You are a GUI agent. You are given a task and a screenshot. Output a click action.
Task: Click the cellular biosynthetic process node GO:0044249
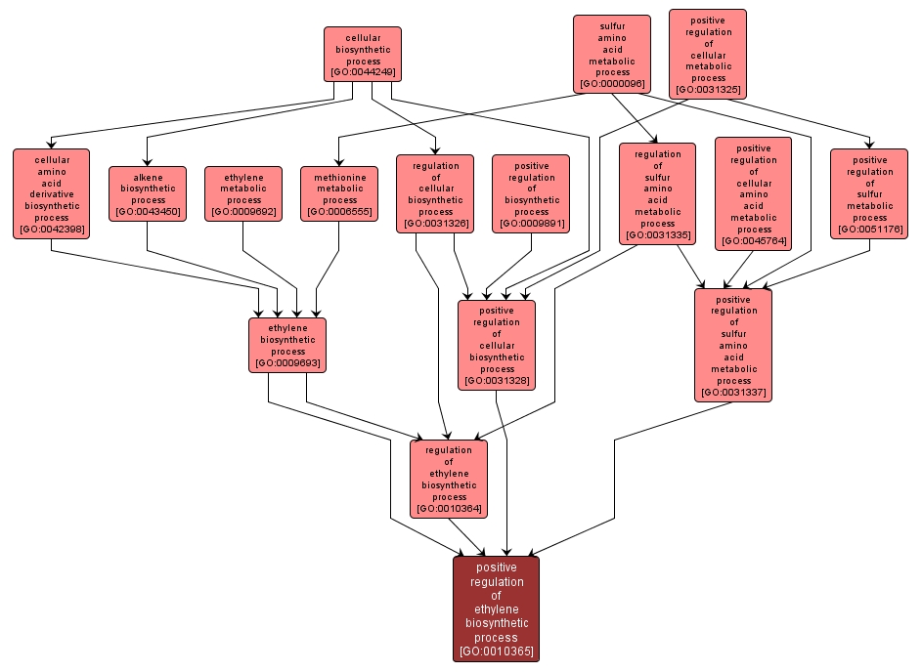[x=363, y=54]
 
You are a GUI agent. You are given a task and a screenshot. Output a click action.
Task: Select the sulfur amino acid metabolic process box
[x=612, y=54]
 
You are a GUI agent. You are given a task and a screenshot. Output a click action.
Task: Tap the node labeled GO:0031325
[x=708, y=55]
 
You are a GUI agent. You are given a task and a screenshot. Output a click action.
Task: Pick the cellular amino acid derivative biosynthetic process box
[x=51, y=192]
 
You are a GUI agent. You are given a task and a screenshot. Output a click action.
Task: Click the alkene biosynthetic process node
[x=148, y=193]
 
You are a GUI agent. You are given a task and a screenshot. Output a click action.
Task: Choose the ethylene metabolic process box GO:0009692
[x=243, y=193]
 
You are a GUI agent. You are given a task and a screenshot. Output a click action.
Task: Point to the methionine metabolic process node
[x=339, y=193]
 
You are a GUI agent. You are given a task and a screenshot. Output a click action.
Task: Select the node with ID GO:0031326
[x=435, y=193]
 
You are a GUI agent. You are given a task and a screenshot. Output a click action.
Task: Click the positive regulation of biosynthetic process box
[x=531, y=193]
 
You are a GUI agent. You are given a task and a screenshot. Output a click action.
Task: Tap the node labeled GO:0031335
[x=657, y=193]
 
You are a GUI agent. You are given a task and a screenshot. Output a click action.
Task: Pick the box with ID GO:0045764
[x=753, y=193]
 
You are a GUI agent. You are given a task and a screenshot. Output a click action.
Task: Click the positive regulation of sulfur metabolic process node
[x=869, y=193]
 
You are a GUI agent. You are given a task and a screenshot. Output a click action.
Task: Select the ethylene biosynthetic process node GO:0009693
[x=287, y=345]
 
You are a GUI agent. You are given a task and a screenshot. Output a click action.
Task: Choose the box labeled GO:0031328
[x=497, y=345]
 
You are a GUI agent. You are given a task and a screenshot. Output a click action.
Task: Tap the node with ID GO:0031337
[x=733, y=345]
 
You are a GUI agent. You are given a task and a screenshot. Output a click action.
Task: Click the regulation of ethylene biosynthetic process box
[x=449, y=479]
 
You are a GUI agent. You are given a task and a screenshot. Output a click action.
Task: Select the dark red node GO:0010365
[x=496, y=609]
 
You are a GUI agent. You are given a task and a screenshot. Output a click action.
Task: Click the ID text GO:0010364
[x=449, y=508]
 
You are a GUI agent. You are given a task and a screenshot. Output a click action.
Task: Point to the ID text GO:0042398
[x=51, y=231]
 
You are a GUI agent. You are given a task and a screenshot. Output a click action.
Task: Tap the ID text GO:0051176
[x=869, y=230]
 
